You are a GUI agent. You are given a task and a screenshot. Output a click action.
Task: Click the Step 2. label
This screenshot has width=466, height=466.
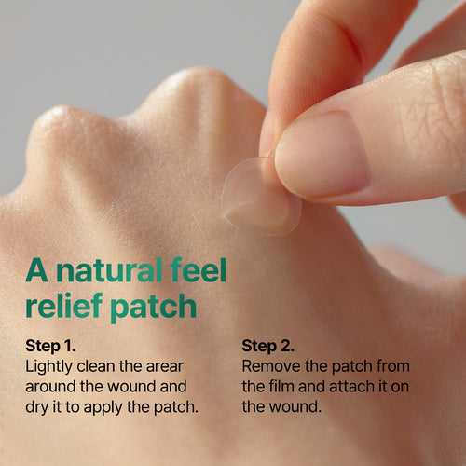point(267,346)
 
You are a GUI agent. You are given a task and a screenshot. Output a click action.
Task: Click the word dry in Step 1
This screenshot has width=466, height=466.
point(37,405)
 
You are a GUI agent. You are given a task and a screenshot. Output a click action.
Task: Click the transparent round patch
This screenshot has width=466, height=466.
point(256,198)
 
